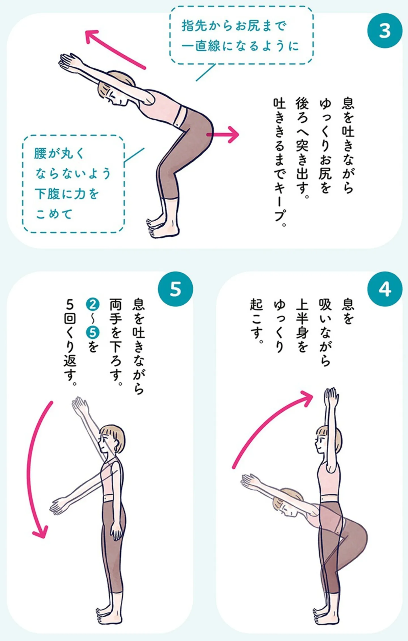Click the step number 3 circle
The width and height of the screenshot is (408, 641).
[x=385, y=31]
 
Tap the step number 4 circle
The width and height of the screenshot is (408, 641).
[x=385, y=289]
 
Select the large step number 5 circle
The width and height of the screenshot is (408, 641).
[x=175, y=289]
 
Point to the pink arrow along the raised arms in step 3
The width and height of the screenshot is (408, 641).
[x=115, y=49]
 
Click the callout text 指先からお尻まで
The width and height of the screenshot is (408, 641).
[x=234, y=26]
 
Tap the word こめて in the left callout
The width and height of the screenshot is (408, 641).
[x=54, y=214]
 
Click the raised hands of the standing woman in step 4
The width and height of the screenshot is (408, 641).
[x=331, y=397]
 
